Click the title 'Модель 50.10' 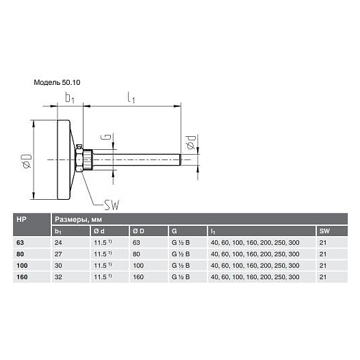click(x=57, y=82)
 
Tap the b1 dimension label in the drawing click(x=70, y=98)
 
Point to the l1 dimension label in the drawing click(x=131, y=98)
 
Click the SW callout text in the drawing click(x=112, y=205)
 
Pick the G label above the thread click(x=106, y=137)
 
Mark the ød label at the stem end click(x=191, y=142)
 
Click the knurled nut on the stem click(x=88, y=159)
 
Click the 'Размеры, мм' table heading click(x=78, y=220)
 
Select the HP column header click(x=21, y=220)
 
